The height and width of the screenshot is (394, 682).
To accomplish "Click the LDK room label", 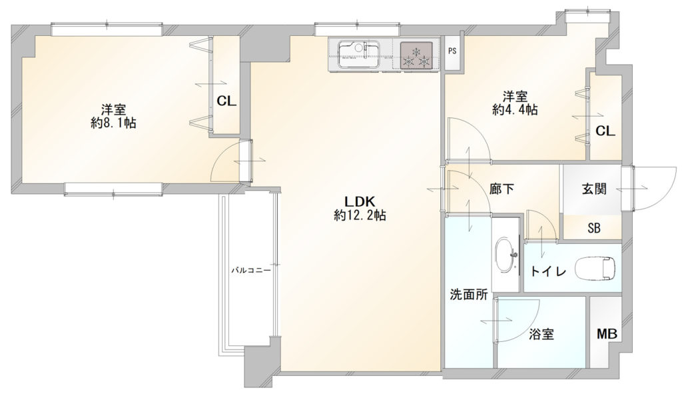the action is [359, 201].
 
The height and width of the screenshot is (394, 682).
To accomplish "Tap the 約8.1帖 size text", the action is [113, 123].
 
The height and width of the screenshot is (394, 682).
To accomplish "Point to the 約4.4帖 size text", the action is [515, 110].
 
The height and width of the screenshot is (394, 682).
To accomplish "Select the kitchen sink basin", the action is [358, 55].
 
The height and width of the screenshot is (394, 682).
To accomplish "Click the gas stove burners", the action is [416, 55].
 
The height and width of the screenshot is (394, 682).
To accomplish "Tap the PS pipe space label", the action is [452, 51].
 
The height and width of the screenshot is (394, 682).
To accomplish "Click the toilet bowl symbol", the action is [595, 268].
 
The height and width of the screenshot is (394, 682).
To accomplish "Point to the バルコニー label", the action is [250, 271].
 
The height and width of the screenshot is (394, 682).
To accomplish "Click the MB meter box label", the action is [607, 335].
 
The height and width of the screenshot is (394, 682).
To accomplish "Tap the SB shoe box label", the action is [593, 228].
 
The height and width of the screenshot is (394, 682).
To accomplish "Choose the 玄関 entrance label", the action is [593, 189].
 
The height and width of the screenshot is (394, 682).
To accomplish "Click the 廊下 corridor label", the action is [502, 189].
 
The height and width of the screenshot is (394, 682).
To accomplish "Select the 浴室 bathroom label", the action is [541, 335].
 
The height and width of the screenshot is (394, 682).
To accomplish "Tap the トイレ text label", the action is [548, 271].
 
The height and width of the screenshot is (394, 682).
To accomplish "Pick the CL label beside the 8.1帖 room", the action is [226, 101].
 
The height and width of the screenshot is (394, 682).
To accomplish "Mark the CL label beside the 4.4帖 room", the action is [605, 131].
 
